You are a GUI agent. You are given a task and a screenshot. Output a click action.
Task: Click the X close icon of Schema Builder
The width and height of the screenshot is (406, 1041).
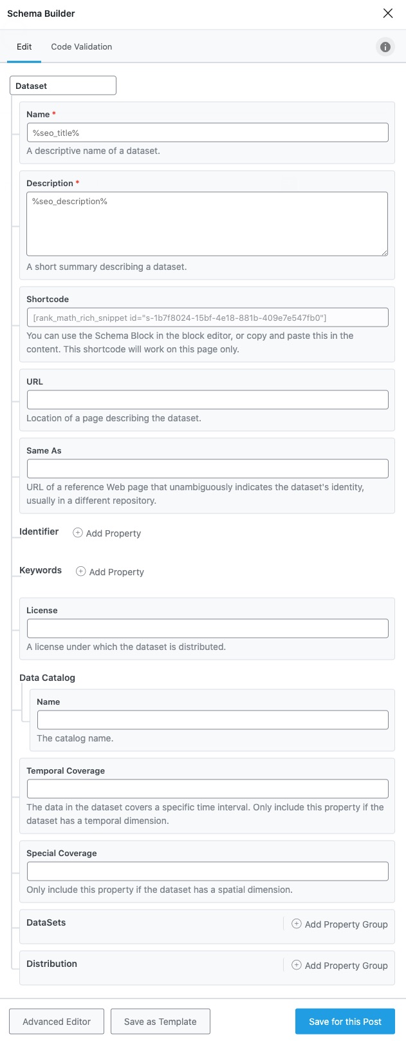pos(388,14)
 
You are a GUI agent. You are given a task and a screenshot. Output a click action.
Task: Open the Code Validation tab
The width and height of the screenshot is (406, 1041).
pos(82,47)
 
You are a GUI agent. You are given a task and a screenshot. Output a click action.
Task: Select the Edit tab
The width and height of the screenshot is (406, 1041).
pos(24,47)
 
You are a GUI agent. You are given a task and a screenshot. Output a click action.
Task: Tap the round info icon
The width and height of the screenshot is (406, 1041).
pos(385,47)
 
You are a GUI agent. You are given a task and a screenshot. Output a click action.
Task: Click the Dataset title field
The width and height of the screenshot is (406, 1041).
pos(63,86)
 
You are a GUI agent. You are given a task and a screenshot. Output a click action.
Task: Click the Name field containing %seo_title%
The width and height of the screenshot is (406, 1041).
pos(207,133)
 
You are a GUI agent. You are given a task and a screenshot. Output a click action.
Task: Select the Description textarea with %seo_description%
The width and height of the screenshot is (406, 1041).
pos(207,224)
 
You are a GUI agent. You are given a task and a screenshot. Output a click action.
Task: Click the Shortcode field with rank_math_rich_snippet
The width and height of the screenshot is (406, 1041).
pos(207,318)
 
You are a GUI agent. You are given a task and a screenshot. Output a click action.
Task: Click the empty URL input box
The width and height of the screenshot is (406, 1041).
pos(207,399)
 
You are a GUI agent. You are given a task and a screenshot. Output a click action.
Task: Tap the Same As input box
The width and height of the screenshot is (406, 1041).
pos(207,468)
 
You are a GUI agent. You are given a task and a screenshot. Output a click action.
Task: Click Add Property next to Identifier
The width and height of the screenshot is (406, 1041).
pos(107,533)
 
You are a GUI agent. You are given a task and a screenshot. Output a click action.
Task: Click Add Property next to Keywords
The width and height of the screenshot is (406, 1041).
pos(111,572)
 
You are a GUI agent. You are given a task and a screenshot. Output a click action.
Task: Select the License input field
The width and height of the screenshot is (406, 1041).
pos(207,628)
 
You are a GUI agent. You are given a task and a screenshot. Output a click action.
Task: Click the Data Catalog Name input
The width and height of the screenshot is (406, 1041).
pos(212,720)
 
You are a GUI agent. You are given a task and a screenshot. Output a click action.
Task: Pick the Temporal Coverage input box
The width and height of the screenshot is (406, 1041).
pos(207,788)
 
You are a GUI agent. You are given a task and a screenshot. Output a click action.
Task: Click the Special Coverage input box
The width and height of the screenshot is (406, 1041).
pos(207,871)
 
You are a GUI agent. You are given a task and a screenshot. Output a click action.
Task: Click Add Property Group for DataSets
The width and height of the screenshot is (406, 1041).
pos(340,924)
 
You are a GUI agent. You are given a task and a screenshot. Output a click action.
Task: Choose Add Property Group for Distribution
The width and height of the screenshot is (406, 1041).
pos(340,966)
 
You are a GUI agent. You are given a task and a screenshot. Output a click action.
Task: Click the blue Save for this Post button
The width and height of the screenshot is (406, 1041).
pos(345,1022)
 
